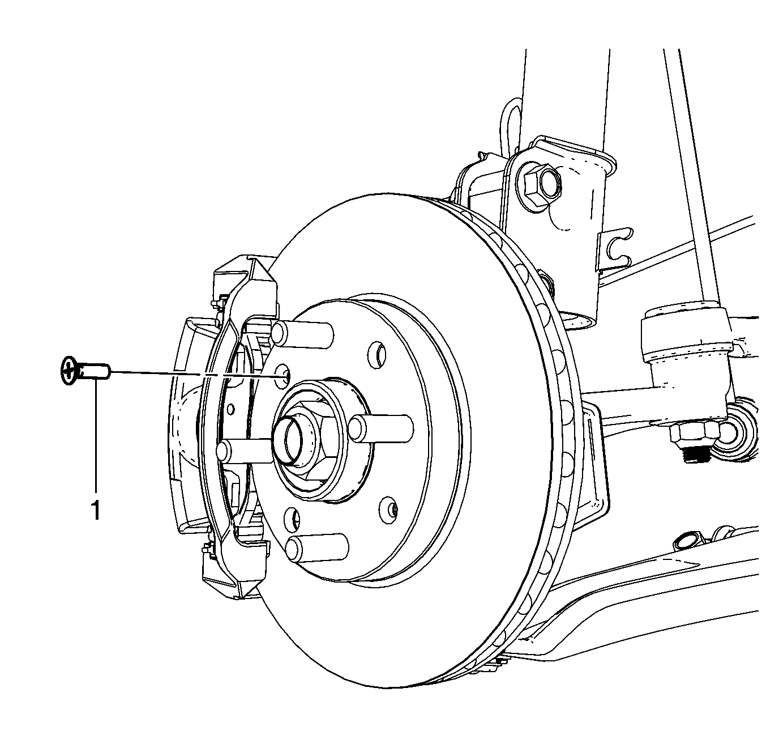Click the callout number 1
96,510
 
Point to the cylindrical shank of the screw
95,371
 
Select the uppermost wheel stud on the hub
302,334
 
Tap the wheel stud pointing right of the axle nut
381,428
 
